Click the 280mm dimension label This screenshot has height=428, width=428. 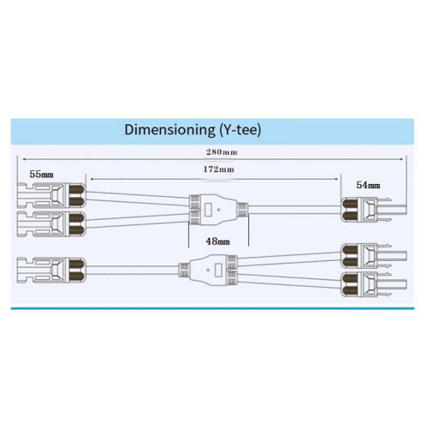[222, 152]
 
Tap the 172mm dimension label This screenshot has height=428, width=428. [219, 169]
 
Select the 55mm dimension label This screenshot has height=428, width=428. [41, 174]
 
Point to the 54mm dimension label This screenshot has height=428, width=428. [368, 185]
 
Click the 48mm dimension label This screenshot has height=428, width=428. [217, 241]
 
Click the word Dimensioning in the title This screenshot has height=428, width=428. [169, 129]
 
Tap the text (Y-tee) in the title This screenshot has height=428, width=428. [240, 130]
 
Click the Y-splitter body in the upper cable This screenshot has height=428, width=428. [218, 210]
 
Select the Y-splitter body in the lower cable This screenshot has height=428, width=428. [208, 270]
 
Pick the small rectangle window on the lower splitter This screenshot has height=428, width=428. [218, 270]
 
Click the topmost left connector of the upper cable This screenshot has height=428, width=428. [51, 196]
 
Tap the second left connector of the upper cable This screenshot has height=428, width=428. [51, 224]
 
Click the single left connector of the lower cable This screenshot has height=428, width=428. [51, 270]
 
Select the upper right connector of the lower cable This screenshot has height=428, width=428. [374, 256]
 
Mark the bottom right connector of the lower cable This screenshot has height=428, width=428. [374, 284]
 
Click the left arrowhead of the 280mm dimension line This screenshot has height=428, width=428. [25, 159]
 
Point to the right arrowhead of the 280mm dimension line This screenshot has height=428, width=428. [401, 159]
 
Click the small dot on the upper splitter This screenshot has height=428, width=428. [219, 210]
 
